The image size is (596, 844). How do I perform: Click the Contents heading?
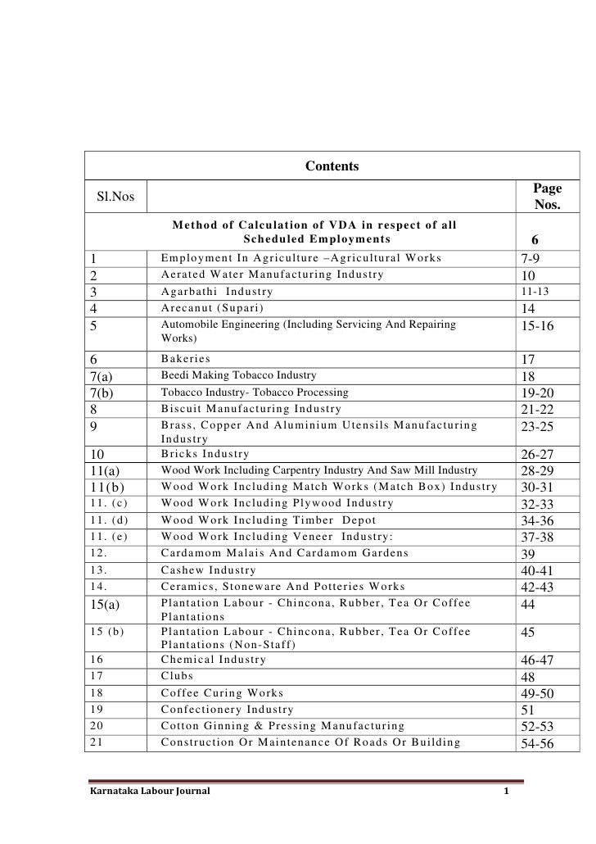tap(332, 167)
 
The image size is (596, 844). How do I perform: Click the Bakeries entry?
tap(186, 359)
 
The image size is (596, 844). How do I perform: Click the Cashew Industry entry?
tap(209, 569)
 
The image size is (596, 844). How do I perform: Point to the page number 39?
tap(528, 553)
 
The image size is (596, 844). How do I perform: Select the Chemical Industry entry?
tap(214, 660)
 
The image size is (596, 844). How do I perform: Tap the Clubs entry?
tap(178, 676)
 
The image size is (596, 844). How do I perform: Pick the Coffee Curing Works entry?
tap(222, 692)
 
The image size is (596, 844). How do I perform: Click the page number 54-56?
tap(537, 743)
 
